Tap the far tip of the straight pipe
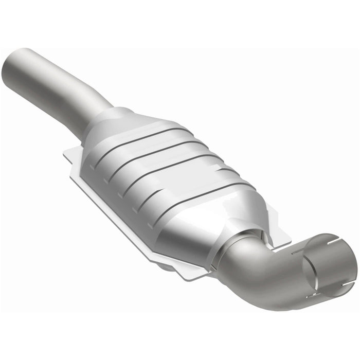tap(15, 67)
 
